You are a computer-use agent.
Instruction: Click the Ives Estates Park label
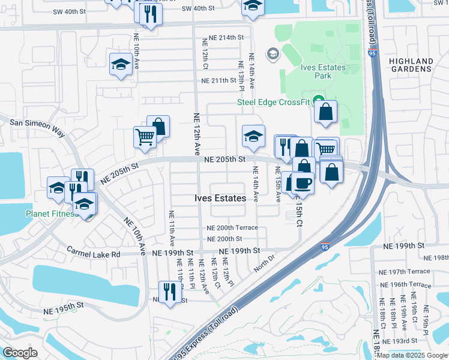[324, 72]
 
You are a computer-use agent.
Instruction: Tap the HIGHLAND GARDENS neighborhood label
[411, 65]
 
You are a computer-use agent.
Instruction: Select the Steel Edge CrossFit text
[273, 101]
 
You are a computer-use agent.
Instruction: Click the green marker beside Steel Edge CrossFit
[318, 101]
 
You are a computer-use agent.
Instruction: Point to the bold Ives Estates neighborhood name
[220, 198]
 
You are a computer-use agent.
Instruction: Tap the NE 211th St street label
[219, 80]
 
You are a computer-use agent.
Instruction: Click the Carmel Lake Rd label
[93, 254]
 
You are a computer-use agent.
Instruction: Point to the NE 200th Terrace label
[232, 228]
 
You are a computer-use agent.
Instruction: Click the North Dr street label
[264, 263]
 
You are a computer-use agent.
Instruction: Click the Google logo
[20, 353]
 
